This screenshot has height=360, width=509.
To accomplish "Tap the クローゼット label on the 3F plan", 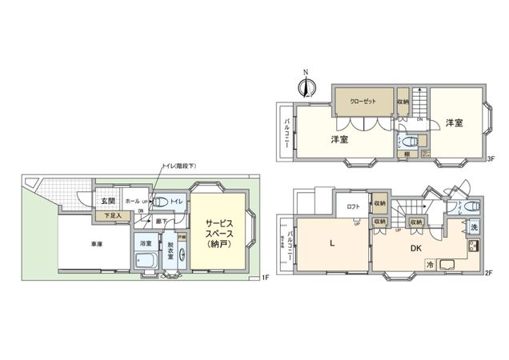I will point(362,102).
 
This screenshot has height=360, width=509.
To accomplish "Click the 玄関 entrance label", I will point(107,200).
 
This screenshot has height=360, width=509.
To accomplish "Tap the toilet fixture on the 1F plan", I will point(159,201).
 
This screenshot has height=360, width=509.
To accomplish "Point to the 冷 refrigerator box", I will point(430,264).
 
